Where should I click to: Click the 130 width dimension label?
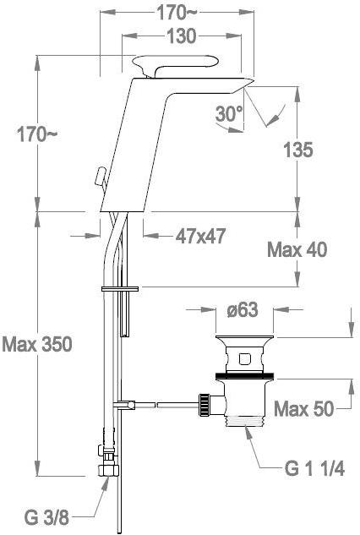coord(181,36)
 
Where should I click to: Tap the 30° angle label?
coord(229,113)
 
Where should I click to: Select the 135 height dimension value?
coord(298,150)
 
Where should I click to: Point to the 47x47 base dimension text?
coord(200,236)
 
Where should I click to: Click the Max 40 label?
coord(297,250)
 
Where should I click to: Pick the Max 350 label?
coord(37,344)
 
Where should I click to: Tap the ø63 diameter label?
coord(243,310)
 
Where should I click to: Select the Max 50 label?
coord(303,408)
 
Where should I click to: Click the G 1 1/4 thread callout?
coord(314,468)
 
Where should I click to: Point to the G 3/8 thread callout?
coord(46,518)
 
